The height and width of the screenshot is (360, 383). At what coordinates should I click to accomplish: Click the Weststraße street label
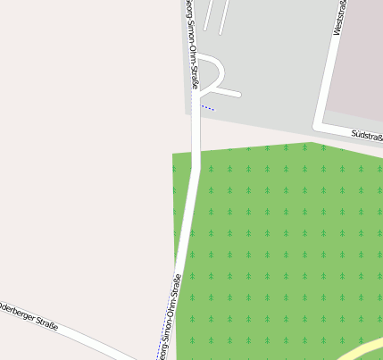click(339, 18)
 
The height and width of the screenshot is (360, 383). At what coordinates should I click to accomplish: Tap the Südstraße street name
click(367, 135)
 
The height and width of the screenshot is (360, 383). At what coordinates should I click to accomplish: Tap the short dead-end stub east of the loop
click(227, 91)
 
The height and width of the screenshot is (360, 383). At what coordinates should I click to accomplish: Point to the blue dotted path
click(206, 106)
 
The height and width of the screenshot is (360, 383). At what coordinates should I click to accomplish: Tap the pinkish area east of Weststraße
click(357, 71)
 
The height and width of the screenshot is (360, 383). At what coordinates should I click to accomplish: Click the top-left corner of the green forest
click(174, 155)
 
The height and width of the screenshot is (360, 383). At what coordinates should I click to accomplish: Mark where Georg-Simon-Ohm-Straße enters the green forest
click(196, 152)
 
